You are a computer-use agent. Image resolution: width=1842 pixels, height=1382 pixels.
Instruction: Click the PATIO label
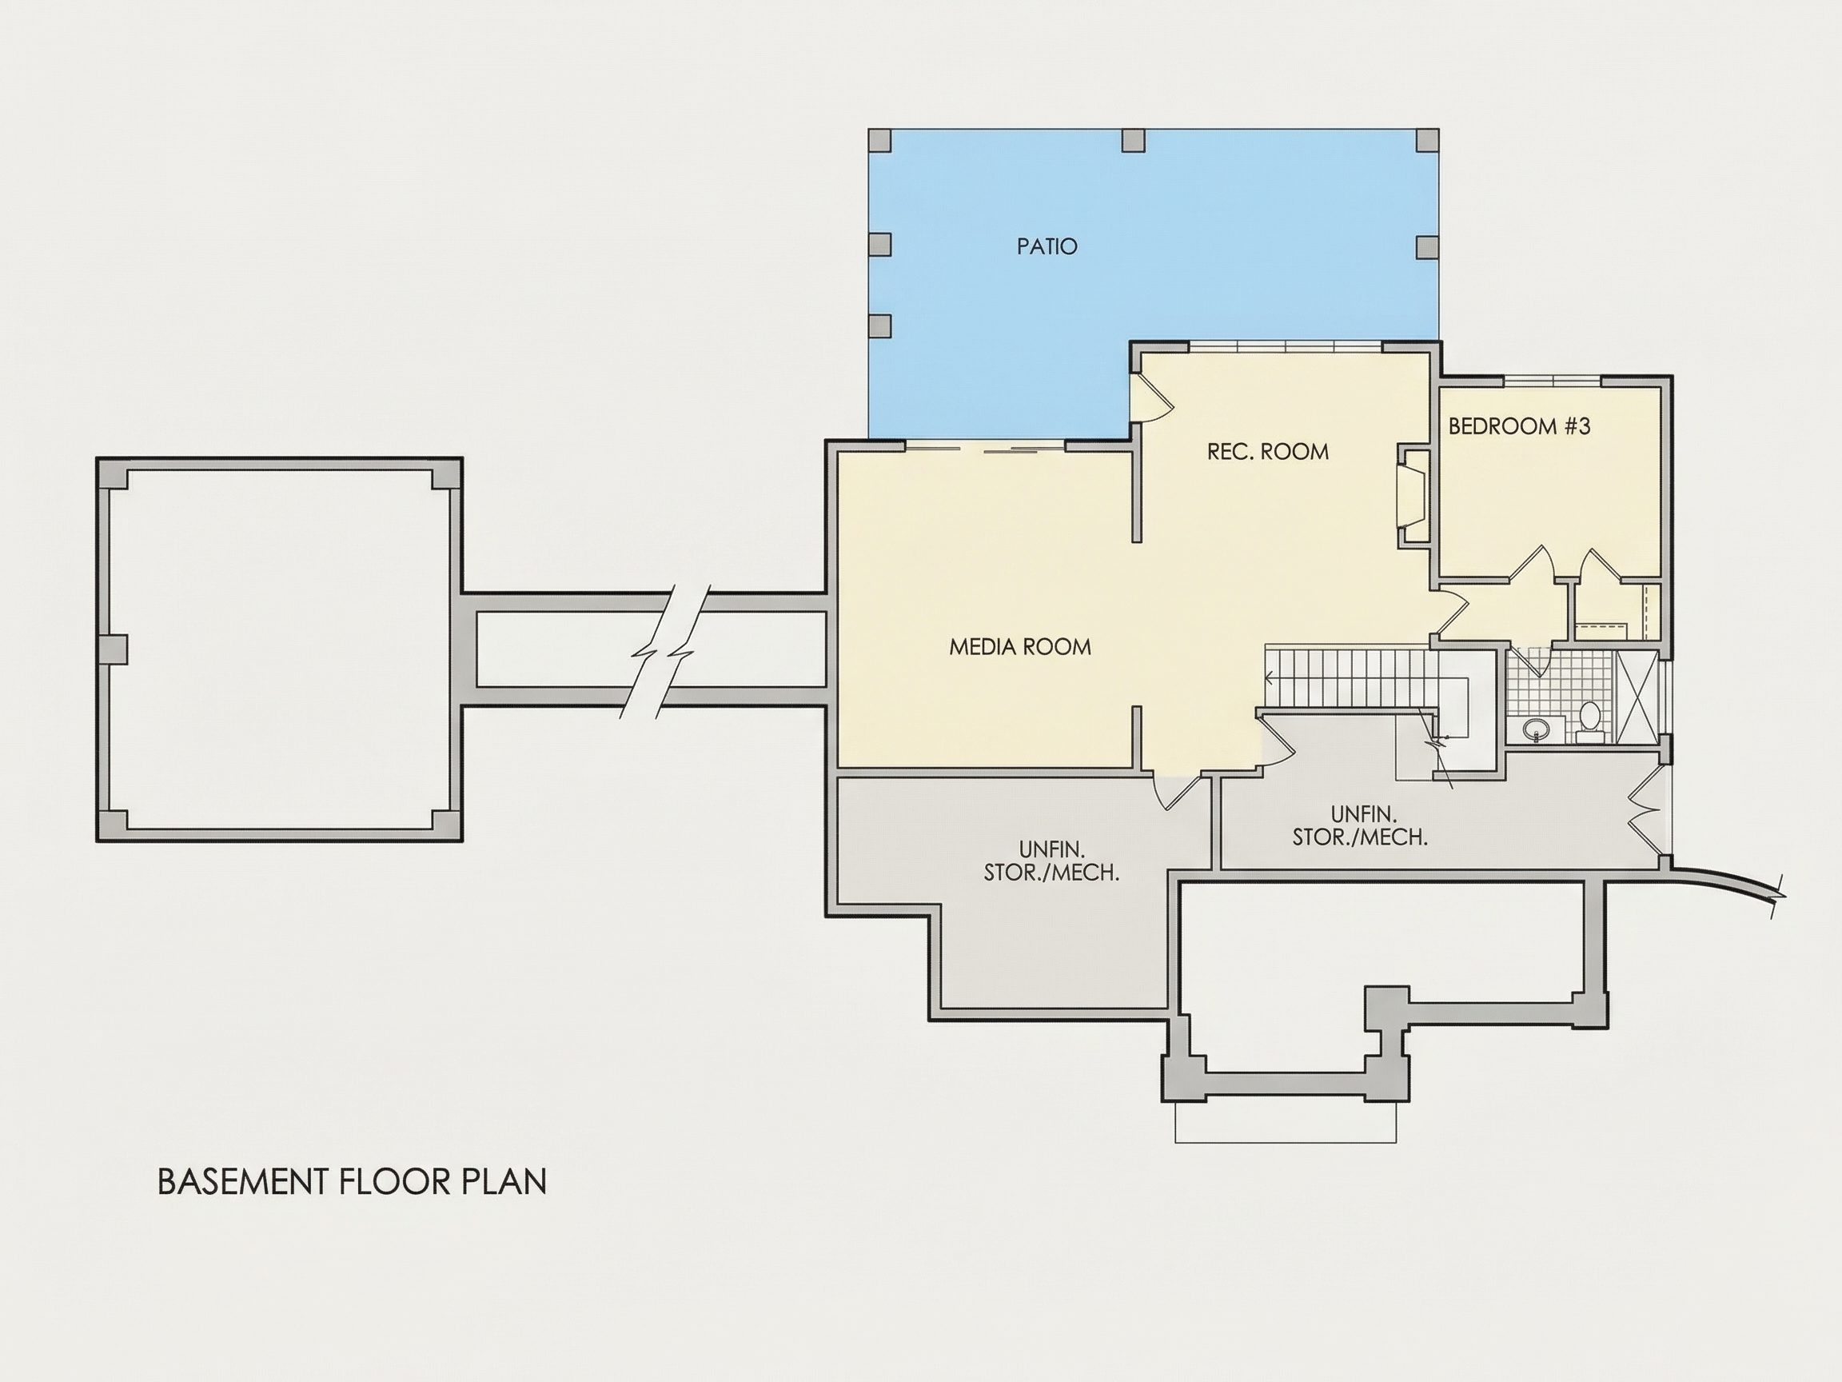[x=1047, y=246]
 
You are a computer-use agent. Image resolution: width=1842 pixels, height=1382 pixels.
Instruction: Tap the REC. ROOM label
[x=1267, y=452]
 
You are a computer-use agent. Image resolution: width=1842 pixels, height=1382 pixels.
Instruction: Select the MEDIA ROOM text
[x=1020, y=646]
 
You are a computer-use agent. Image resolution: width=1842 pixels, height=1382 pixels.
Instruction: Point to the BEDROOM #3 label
[x=1520, y=426]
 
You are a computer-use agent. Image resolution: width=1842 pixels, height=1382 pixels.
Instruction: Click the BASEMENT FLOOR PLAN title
[x=353, y=1182]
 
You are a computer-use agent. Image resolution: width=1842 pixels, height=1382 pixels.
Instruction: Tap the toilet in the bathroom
[x=1589, y=721]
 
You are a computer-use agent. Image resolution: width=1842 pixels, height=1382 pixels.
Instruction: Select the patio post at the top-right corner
[x=1427, y=140]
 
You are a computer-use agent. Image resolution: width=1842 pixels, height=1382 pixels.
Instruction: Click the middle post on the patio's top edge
[x=1134, y=140]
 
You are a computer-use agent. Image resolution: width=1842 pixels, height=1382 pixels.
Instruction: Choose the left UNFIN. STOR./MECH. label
[x=1051, y=861]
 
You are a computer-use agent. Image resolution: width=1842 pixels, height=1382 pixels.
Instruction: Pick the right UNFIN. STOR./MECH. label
[x=1360, y=825]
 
